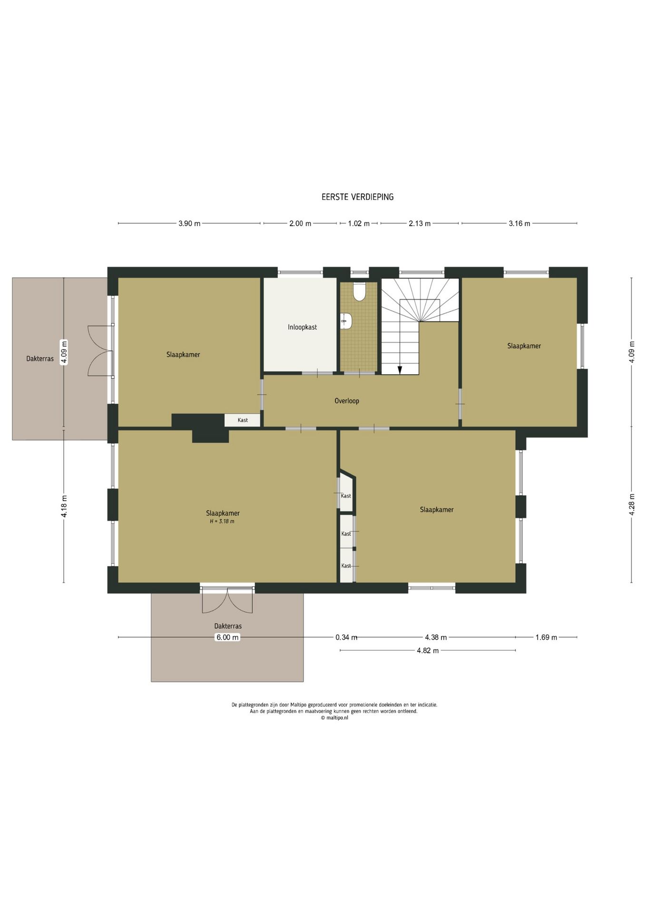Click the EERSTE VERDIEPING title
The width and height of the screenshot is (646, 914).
coord(357,197)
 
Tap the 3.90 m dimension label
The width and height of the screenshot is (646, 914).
coord(189,224)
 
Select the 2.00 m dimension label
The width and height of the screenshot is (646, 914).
coord(300,224)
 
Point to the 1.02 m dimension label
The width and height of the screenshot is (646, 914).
coord(359,224)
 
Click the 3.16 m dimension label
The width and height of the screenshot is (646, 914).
coord(519,224)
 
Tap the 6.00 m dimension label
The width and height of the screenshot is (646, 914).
coord(227,637)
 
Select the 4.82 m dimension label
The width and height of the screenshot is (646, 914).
coord(428,651)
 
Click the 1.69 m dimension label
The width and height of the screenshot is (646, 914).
coord(546,637)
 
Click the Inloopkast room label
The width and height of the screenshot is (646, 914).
coord(302,328)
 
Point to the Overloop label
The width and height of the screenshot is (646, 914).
coord(347,401)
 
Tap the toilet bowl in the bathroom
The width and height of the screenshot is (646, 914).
coord(360,292)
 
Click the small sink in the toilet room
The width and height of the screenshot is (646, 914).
coord(346,321)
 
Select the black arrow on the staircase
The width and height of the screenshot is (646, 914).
coord(400,369)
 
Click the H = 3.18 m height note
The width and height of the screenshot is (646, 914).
coord(222,521)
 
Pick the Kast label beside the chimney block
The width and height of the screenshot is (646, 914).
coord(243,420)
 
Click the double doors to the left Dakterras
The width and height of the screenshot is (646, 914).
coord(100,351)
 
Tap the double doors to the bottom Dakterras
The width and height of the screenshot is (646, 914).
coord(227,601)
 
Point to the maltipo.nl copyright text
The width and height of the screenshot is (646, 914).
coord(334,718)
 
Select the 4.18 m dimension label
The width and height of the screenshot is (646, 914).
coord(64,506)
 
